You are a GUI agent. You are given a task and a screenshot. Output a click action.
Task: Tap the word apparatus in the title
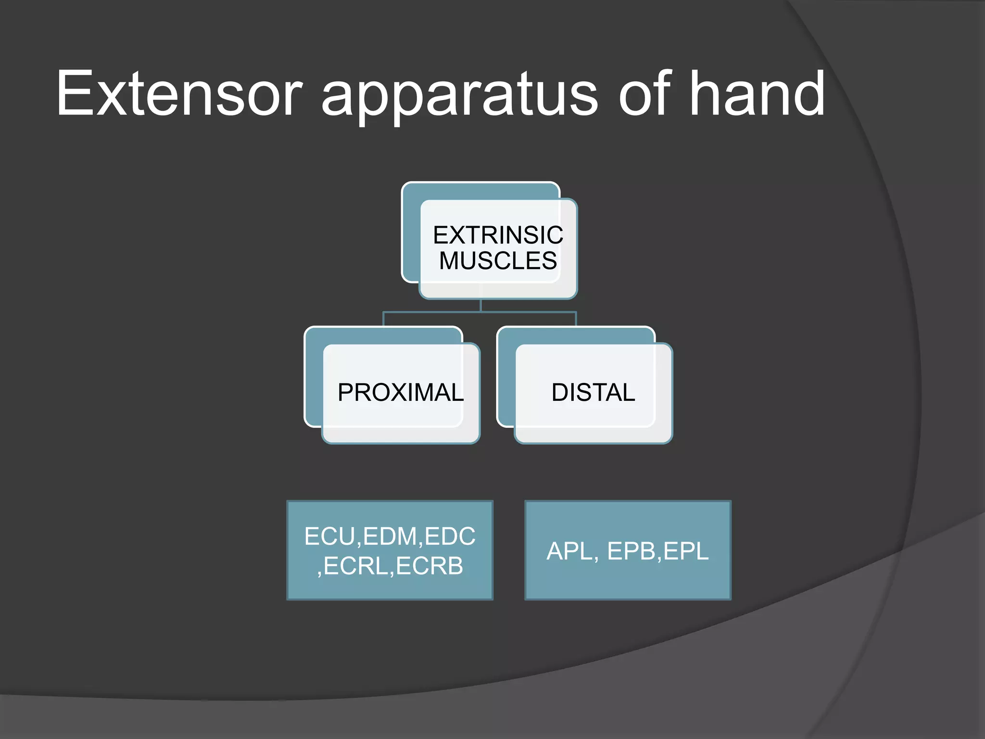point(459,96)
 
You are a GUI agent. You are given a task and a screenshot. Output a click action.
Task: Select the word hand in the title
point(758,94)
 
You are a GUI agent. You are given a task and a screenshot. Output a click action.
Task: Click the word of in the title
point(644,94)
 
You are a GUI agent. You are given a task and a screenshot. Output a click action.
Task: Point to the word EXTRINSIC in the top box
point(498,235)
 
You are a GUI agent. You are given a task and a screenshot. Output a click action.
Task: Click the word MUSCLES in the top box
point(498,261)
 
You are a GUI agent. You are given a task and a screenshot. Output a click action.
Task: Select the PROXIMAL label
point(401,393)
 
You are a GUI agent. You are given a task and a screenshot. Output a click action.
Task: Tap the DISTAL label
point(593,393)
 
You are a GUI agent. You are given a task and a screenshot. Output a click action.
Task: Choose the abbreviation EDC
point(450,536)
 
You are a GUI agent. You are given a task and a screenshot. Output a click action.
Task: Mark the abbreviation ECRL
point(356,566)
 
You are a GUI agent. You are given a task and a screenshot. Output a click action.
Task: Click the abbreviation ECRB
point(429,566)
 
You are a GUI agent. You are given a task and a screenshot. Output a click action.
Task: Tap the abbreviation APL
point(570,551)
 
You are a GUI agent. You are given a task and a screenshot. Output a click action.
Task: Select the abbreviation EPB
point(631,551)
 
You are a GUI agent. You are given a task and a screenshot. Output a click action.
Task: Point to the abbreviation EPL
point(686,551)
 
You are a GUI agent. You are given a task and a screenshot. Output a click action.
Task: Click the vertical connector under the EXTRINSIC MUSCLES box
point(480,306)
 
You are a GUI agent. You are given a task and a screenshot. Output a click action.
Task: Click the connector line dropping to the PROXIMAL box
point(383,319)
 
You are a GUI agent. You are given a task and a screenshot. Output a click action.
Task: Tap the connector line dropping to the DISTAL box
point(576,319)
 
